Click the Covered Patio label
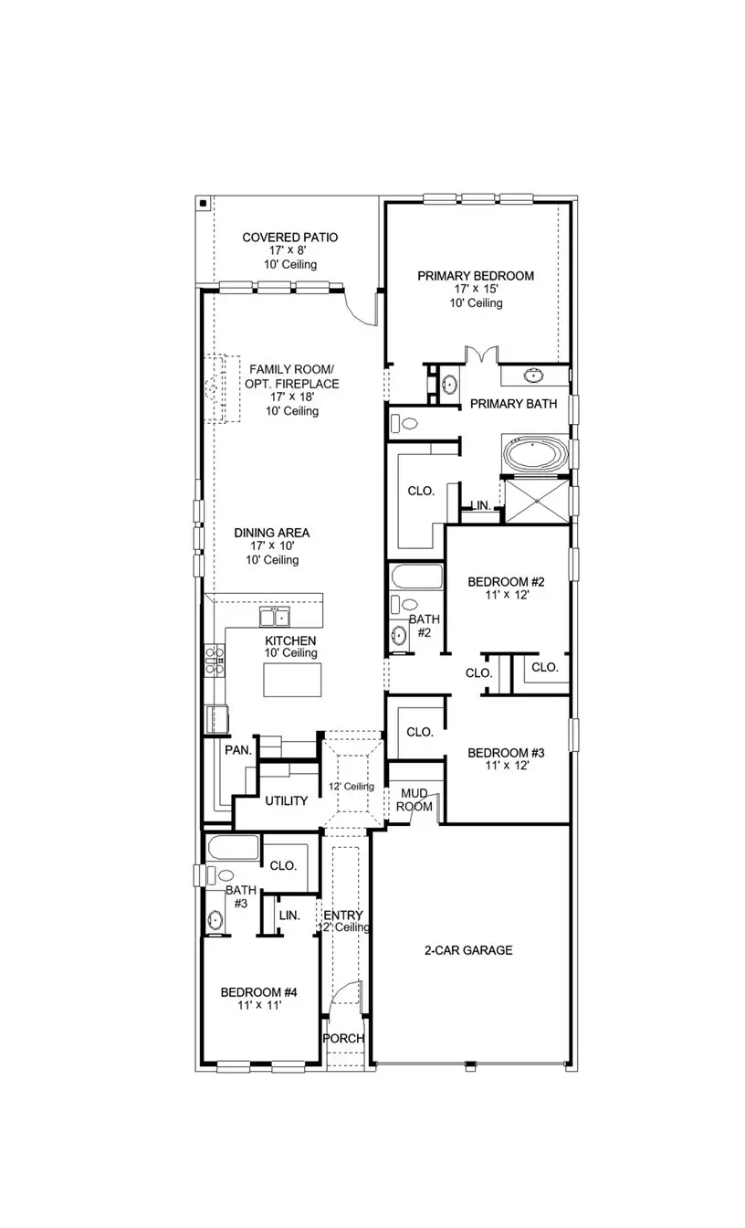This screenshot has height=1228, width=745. [x=289, y=238]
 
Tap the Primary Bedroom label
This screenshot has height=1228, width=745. [x=475, y=276]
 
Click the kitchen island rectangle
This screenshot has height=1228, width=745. [x=292, y=680]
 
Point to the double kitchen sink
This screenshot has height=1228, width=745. [x=275, y=615]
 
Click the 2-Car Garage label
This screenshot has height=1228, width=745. [x=467, y=950]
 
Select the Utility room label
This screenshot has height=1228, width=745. [x=286, y=801]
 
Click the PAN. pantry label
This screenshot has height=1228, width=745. [x=238, y=749]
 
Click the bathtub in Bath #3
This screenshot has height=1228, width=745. [x=234, y=848]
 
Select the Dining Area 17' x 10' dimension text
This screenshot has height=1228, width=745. [x=271, y=546]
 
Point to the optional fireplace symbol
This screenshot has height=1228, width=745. [x=218, y=390]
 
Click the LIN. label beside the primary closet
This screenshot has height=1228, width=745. [x=480, y=505]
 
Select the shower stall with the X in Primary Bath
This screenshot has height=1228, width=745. [x=536, y=500]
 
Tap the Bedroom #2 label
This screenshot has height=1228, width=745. [x=506, y=582]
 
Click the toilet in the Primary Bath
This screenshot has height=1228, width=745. [x=404, y=423]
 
